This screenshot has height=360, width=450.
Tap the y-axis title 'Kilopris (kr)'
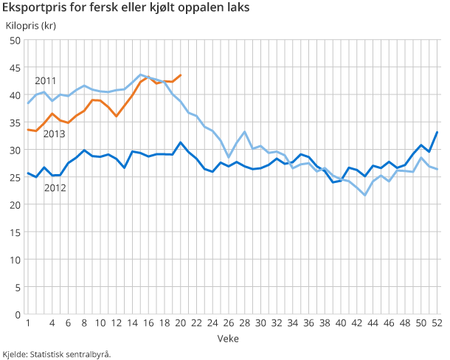(x=30, y=26)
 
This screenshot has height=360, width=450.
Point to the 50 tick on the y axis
(x=15, y=41)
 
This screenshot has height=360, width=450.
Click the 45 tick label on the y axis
(x=15, y=68)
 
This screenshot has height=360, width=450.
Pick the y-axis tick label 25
(x=15, y=178)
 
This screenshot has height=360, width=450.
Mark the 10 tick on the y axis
(x=15, y=260)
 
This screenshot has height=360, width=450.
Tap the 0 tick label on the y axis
(x=17, y=315)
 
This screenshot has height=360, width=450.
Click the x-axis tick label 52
(x=437, y=323)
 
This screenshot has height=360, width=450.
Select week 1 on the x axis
(x=28, y=323)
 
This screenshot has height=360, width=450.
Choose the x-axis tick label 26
(x=229, y=323)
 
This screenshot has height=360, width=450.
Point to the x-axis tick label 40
(x=341, y=323)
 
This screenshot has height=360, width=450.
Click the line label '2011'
(x=46, y=80)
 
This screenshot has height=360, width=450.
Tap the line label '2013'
(x=54, y=134)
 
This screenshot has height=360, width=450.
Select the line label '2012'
(x=55, y=188)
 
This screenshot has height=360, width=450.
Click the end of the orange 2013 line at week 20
(x=181, y=75)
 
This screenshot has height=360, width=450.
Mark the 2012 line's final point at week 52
(x=437, y=133)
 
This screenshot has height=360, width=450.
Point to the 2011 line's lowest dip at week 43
(x=365, y=195)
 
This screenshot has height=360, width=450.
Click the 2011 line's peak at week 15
(x=141, y=75)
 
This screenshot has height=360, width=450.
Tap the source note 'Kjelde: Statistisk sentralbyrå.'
(x=57, y=353)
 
